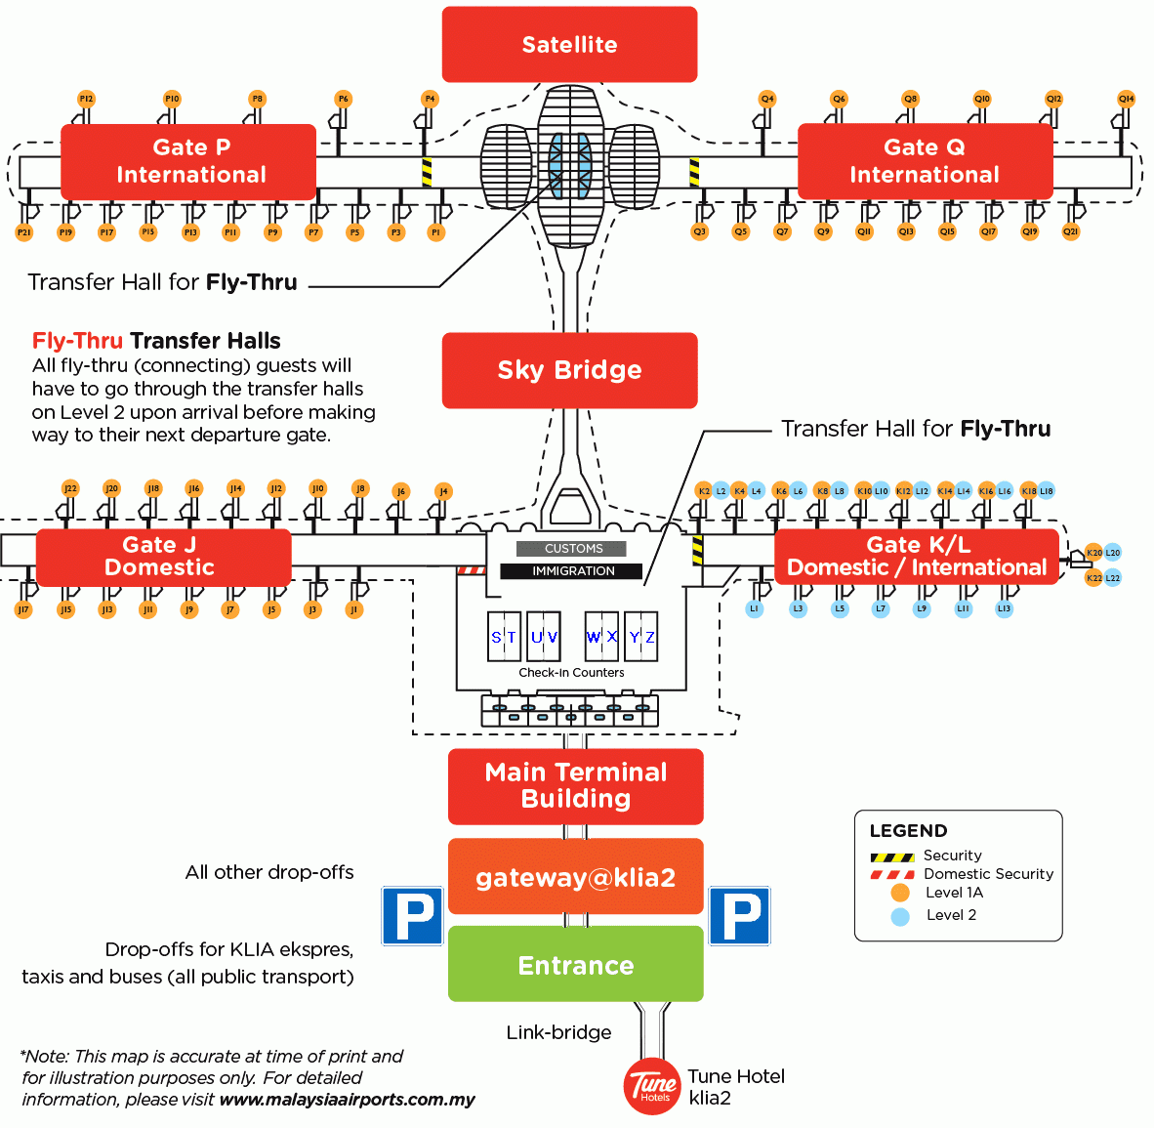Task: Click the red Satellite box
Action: coord(569,44)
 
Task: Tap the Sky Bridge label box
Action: coord(569,370)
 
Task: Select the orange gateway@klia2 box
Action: coord(575,877)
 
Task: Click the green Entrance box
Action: coord(575,964)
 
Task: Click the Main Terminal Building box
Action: coord(575,786)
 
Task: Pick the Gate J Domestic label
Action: coord(163,557)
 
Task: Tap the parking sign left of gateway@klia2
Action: coord(412,915)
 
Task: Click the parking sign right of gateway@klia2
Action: coord(739,915)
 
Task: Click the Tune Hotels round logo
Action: coord(651,1086)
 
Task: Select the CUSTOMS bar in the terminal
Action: coord(572,549)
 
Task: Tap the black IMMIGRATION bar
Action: coord(572,571)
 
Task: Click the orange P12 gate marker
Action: coord(86,99)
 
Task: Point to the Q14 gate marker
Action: coord(1126,99)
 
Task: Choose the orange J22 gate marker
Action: coord(69,488)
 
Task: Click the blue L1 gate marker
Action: coord(754,608)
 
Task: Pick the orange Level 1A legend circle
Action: coord(900,893)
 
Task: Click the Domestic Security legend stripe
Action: coord(891,874)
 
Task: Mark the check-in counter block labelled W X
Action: coord(601,637)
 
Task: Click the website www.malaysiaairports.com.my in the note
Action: coord(347,1100)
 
